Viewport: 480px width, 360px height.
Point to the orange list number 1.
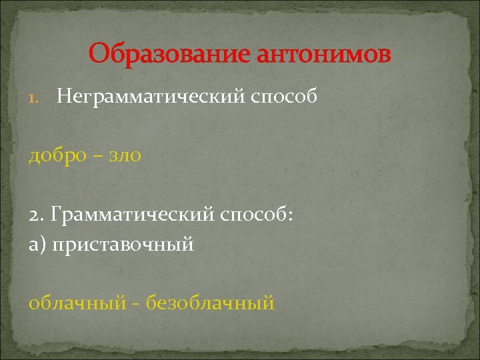click(36, 99)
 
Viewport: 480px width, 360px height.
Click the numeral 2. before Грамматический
click(37, 215)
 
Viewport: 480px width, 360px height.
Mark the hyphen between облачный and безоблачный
click(136, 305)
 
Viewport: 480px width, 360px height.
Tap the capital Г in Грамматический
click(56, 215)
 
